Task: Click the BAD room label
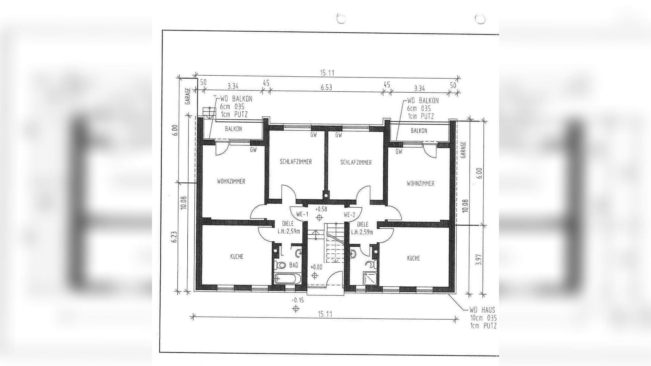294,265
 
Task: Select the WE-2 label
349,215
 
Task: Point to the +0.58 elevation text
321,209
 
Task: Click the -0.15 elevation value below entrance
298,300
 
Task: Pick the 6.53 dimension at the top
326,87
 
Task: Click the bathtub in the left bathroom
285,279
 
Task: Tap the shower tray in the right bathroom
370,278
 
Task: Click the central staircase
335,243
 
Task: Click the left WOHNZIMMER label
231,181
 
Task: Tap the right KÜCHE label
413,258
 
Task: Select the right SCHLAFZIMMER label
356,162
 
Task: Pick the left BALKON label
233,129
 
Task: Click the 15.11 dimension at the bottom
325,314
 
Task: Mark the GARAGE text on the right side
464,150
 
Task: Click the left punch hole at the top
341,19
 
